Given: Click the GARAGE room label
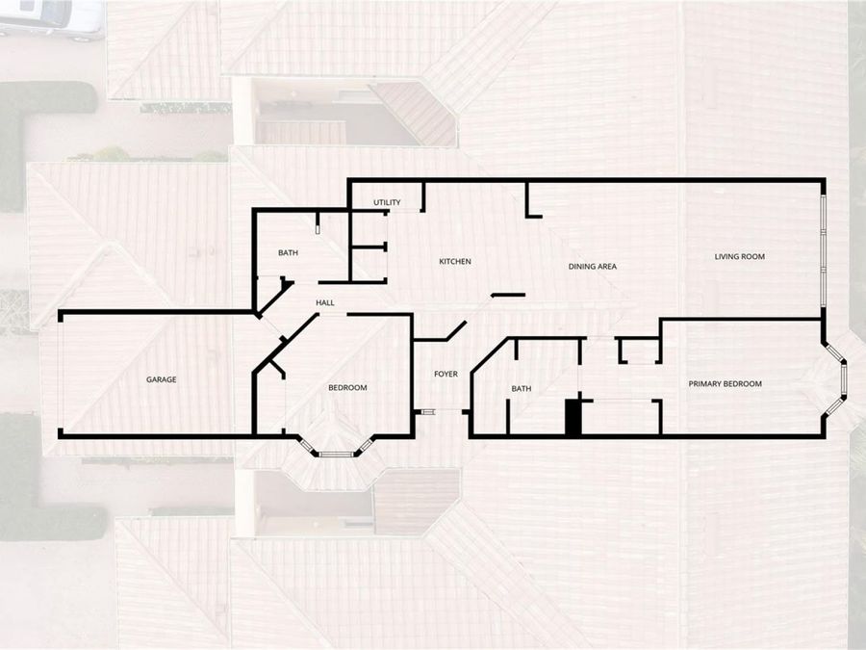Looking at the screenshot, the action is pos(162,379).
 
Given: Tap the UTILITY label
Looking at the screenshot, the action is pos(387,202).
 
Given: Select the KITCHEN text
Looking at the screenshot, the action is pos(455,261).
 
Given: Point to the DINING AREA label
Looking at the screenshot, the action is pos(593,267).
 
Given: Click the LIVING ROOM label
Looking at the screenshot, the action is pos(740,256).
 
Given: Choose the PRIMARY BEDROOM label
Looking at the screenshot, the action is pos(726,383).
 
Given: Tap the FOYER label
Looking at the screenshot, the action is pos(446,375).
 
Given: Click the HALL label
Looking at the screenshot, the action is pos(325,303).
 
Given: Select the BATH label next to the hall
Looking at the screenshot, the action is pos(289,252).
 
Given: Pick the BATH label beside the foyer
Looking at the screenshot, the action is pos(522,389).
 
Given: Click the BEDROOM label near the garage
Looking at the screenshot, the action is pos(348,387).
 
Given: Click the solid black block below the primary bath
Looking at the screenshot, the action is pos(573,418).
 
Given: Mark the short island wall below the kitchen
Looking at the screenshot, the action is pos(508,296).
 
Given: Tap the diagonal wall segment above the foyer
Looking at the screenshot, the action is pos(456,330).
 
